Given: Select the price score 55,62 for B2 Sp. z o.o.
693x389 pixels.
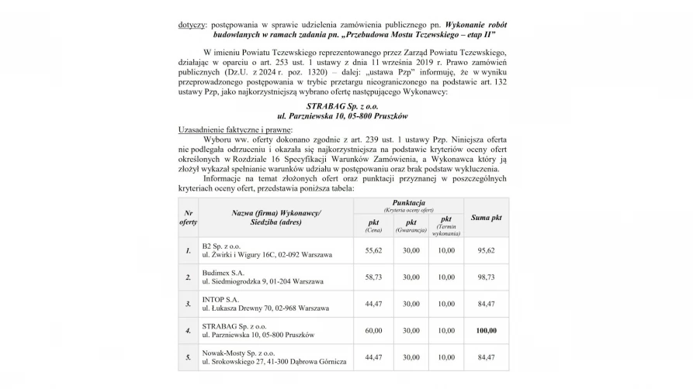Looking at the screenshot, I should pos(373,250).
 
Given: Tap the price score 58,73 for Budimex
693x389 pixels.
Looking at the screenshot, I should pos(373,277).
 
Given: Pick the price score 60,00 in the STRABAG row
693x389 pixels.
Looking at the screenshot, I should pos(373,330).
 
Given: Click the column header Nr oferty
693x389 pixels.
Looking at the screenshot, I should pos(189,217).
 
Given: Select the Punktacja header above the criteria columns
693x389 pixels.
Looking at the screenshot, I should pos(408,204).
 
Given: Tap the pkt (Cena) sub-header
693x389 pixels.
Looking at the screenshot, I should pos(373,225).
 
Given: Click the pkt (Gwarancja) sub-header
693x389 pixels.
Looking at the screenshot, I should pos(411,225).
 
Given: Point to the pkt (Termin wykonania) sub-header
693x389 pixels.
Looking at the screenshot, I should pos(446,225).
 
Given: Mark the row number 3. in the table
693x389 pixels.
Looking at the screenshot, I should pos(189,303).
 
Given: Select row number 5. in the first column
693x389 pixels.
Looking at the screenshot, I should pos(189,357).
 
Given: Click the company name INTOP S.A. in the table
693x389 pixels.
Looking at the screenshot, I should pos(220,298).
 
